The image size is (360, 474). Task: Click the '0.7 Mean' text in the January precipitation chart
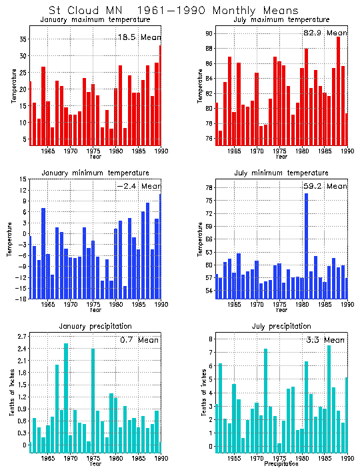pyautogui.click(x=139, y=340)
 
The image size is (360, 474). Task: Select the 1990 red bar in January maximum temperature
pyautogui.click(x=160, y=93)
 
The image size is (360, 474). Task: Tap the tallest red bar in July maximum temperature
pyautogui.click(x=338, y=87)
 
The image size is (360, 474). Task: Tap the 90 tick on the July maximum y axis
pyautogui.click(x=209, y=33)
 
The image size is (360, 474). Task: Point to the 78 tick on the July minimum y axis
pyautogui.click(x=209, y=187)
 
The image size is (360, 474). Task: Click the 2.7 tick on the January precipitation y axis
pyautogui.click(x=21, y=336)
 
